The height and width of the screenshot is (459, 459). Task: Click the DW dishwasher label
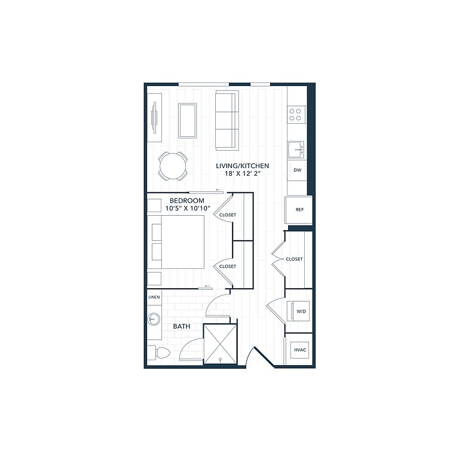(x=298, y=170)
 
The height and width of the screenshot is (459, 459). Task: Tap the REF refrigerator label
(x=300, y=210)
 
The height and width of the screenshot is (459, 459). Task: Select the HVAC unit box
(x=300, y=350)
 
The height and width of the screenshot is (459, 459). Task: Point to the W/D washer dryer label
(x=301, y=311)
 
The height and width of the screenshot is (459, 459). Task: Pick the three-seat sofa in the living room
(x=227, y=120)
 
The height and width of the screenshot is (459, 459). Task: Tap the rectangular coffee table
(x=187, y=120)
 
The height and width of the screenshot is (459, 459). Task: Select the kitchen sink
(x=296, y=149)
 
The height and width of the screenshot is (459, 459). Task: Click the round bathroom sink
(x=154, y=319)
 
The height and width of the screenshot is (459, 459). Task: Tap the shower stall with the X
(x=220, y=344)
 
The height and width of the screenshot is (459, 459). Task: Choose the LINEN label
(x=154, y=297)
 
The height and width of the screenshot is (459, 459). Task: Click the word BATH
(x=182, y=326)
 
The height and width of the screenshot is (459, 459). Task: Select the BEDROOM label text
(x=187, y=201)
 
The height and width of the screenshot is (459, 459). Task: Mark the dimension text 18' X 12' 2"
(x=243, y=173)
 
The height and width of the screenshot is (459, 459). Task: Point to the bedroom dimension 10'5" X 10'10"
(x=188, y=209)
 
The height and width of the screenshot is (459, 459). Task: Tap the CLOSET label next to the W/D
(x=294, y=259)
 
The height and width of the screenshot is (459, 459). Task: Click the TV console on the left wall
(x=154, y=118)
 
